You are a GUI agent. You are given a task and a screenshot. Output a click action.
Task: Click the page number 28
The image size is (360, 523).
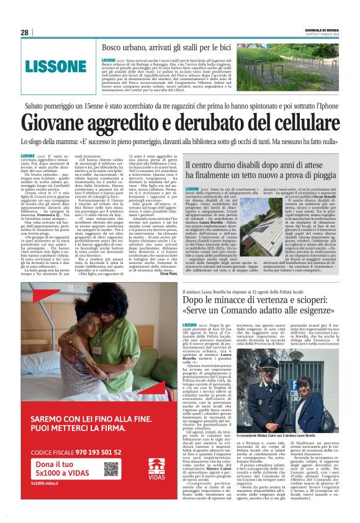tap(24, 32)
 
